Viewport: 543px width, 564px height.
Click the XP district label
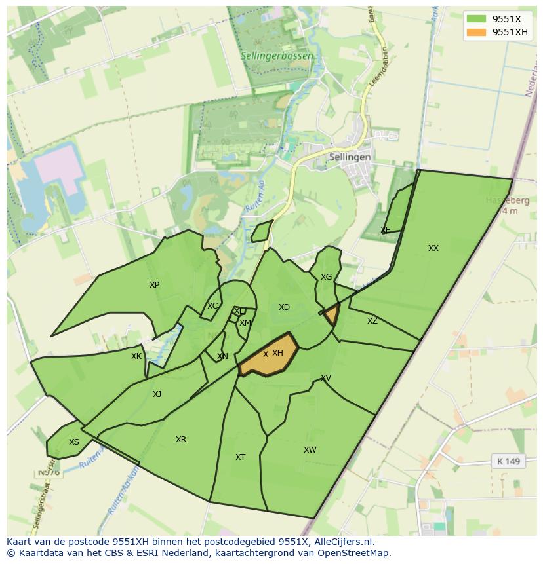[x=154, y=285]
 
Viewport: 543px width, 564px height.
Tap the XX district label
[x=433, y=248]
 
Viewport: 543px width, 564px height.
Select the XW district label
[x=310, y=450]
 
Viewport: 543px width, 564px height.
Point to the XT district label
[x=240, y=457]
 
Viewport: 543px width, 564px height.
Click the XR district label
[x=181, y=440]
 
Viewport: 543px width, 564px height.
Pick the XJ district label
[x=157, y=394]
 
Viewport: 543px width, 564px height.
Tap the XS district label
[x=74, y=442]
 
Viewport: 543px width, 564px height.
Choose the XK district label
[x=136, y=356]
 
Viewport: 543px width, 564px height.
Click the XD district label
[x=284, y=307]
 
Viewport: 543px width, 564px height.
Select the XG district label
[x=326, y=277]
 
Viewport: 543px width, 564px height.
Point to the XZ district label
[x=372, y=321]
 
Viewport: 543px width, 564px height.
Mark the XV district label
[x=326, y=378]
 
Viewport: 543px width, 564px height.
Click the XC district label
[x=212, y=306]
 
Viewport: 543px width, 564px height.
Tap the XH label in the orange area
[x=277, y=353]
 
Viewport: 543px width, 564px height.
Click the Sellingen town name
[x=350, y=157]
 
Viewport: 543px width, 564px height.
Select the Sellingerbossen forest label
[x=276, y=56]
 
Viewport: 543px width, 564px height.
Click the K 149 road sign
[x=508, y=461]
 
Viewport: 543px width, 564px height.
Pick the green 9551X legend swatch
[x=476, y=19]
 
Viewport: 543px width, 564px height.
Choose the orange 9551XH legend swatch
[x=476, y=33]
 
